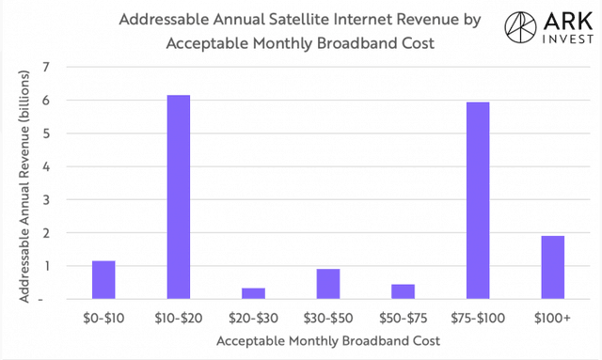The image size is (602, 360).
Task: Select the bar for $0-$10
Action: [103, 280]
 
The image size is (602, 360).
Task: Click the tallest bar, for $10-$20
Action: [179, 196]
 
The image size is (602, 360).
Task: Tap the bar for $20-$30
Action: [253, 293]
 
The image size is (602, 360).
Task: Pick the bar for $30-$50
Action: [328, 284]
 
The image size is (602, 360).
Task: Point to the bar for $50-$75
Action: [404, 291]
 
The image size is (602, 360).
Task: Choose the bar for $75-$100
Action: [478, 200]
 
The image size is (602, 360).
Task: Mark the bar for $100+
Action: [553, 268]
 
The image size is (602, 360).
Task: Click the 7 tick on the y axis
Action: [46, 67]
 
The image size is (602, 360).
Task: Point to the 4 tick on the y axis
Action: [46, 166]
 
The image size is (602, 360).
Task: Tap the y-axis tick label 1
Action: [47, 266]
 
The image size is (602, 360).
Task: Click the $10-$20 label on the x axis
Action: [179, 318]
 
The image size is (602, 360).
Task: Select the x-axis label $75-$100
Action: [478, 318]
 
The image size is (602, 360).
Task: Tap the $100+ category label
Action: [552, 318]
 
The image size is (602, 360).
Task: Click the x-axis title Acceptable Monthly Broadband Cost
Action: [328, 341]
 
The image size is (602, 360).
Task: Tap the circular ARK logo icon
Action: [520, 27]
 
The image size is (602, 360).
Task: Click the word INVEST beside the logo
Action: [568, 39]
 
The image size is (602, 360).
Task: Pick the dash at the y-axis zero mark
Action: [40, 299]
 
